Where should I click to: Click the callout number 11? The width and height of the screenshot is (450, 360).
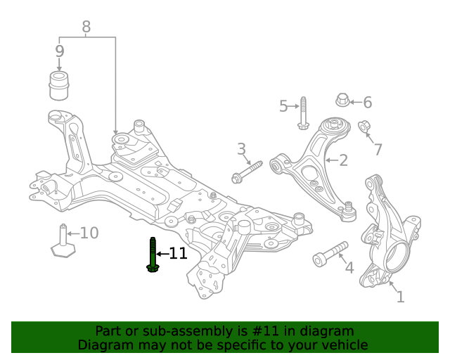[178, 253]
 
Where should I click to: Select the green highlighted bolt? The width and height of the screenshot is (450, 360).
[153, 255]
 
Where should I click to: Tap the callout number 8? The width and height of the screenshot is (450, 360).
[86, 27]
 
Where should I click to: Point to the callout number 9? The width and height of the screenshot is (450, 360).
[59, 51]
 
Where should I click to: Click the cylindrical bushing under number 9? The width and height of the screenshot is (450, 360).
[60, 85]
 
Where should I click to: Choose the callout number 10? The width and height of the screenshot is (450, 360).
[89, 233]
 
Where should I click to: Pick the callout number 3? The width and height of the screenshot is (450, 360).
[241, 149]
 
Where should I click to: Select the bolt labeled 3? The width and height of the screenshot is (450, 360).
[247, 171]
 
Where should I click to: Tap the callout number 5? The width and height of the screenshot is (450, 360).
[283, 106]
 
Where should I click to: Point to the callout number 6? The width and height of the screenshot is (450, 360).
[366, 103]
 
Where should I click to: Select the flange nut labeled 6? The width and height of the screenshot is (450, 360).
[342, 100]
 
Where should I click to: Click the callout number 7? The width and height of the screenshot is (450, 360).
[378, 149]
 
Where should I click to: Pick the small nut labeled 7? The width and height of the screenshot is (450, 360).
[364, 127]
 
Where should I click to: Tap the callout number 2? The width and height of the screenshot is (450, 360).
[343, 161]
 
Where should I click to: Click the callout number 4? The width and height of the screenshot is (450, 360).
[349, 268]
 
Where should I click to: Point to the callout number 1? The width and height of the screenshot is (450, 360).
[400, 297]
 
